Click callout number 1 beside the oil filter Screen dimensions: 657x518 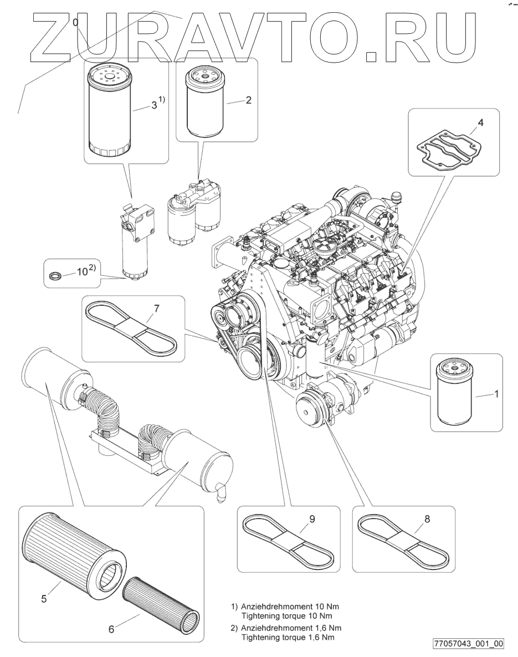coord(496,394)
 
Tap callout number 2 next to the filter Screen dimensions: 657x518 coord(248,100)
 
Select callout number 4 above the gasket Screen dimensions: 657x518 coord(481,123)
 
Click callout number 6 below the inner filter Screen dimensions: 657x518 coord(111,629)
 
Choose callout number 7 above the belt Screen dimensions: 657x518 coord(156,309)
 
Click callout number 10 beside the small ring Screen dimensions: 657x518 coord(83,272)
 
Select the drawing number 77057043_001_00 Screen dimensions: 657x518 coord(469,643)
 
